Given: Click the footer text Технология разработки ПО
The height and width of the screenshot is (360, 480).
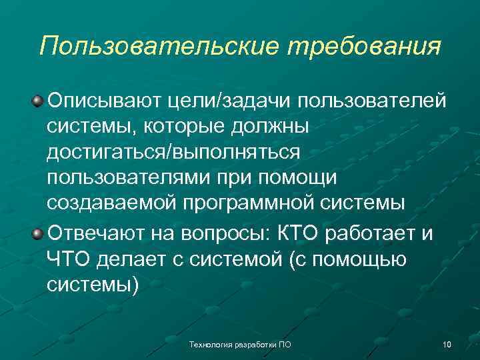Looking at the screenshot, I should point(240,345).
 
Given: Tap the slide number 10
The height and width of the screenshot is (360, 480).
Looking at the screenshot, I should point(446,345).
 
